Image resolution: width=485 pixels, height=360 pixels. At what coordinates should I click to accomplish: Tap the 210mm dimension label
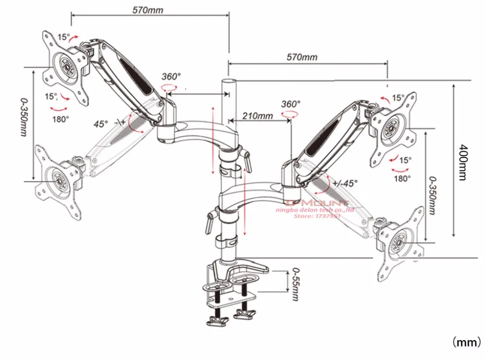pos(257,116)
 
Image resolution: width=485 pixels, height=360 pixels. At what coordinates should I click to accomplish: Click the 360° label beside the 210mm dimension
pos(291,104)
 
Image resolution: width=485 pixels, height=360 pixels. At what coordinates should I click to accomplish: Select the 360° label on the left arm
pos(171,77)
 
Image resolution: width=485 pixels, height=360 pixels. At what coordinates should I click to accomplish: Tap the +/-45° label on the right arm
pos(345,183)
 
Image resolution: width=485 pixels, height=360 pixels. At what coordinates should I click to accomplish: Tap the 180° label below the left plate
pos(61,118)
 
